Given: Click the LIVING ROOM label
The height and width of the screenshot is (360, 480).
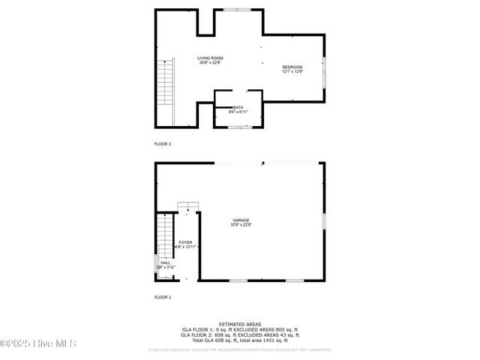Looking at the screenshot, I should [210, 58].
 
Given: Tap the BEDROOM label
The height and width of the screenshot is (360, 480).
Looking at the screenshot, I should [292, 67].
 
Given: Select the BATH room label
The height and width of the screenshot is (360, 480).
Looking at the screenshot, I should [238, 107].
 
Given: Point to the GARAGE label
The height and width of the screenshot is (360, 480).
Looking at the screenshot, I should [241, 220].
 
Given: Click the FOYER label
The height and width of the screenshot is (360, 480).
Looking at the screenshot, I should [185, 242].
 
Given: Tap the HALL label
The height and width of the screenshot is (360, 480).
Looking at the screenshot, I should [165, 262].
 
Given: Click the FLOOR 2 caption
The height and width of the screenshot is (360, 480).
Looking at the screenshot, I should [163, 142].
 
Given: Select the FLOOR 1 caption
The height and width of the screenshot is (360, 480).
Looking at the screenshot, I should [163, 298].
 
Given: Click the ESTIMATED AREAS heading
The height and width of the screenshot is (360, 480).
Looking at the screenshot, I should [240, 324].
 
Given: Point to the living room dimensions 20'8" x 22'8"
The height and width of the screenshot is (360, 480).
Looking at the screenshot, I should [210, 63].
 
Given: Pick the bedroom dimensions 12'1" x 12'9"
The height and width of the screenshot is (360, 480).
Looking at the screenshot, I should [292, 72].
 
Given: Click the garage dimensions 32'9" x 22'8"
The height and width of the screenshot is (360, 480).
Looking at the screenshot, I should [241, 224].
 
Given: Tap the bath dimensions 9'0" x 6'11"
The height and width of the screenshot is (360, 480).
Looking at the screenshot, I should [238, 112].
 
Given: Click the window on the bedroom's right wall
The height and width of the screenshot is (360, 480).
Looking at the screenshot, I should [324, 71].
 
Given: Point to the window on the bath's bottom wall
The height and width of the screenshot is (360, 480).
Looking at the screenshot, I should [239, 127].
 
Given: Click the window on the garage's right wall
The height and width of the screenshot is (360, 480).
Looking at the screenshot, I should [324, 221].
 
